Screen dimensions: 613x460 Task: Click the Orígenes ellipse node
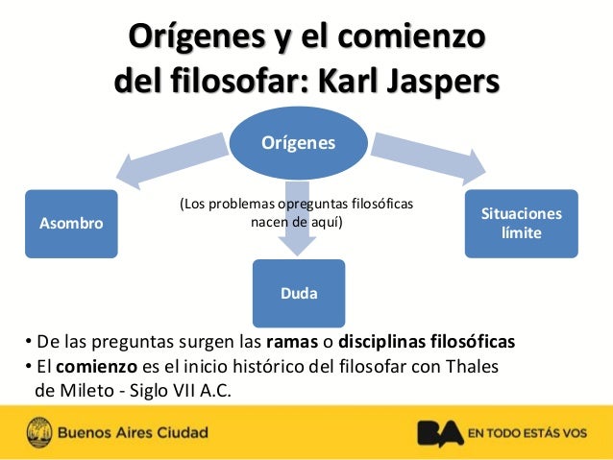[x=299, y=143]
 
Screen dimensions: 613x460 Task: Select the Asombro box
[x=71, y=224]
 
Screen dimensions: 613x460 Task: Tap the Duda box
[x=299, y=293]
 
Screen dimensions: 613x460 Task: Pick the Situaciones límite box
[x=521, y=224]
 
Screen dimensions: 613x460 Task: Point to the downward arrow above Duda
[x=299, y=216]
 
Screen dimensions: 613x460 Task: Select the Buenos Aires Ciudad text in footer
[x=133, y=433]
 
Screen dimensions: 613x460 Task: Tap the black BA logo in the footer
[x=439, y=433]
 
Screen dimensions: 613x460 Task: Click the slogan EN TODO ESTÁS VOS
[x=527, y=433]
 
